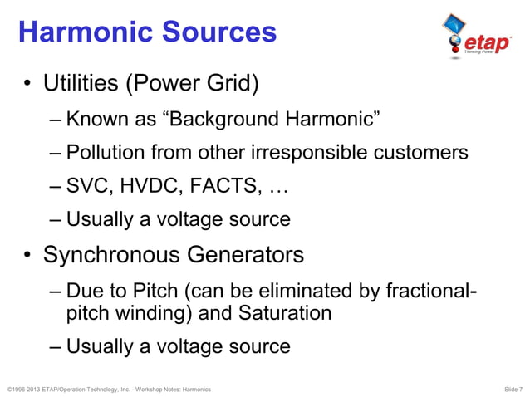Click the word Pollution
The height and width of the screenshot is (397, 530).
pyautogui.click(x=104, y=153)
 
